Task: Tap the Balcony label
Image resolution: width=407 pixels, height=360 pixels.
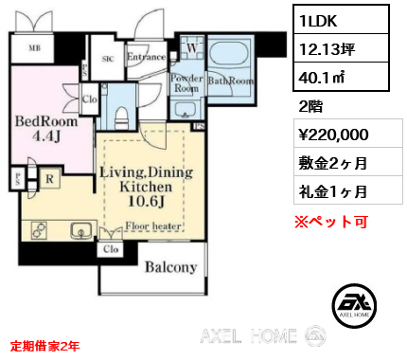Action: click(170, 266)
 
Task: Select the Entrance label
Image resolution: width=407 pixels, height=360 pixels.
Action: click(146, 58)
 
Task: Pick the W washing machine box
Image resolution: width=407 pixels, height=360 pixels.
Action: click(192, 47)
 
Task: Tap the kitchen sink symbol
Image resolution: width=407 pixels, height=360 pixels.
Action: click(80, 230)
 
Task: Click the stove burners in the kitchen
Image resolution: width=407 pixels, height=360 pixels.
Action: click(41, 230)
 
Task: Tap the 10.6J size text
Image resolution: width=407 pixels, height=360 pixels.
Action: click(146, 201)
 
